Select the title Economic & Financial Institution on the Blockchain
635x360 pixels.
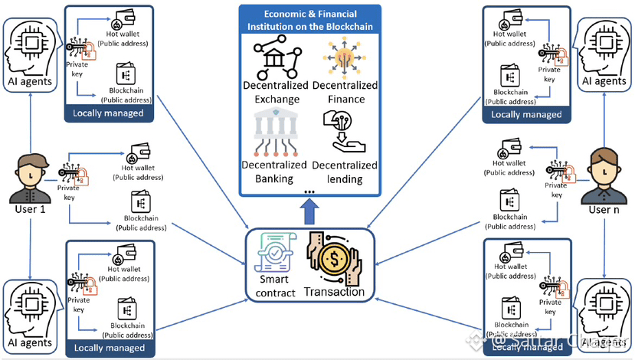[x=309, y=21]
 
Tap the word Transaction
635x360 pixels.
[x=334, y=292]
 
